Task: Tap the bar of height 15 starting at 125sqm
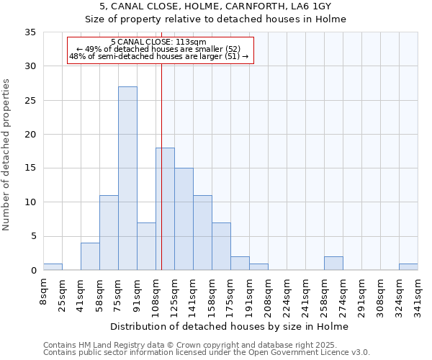tap(184, 219)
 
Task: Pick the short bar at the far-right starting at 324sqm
tap(408, 266)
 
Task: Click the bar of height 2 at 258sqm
tap(333, 264)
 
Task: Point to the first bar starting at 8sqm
tap(53, 266)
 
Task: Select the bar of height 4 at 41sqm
tap(90, 256)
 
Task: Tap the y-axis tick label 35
tap(30, 32)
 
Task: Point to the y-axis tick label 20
tap(30, 135)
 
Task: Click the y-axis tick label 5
tap(33, 236)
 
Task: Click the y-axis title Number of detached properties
tap(6, 155)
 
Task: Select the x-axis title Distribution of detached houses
tap(230, 326)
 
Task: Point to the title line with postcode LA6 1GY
tap(215, 6)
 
